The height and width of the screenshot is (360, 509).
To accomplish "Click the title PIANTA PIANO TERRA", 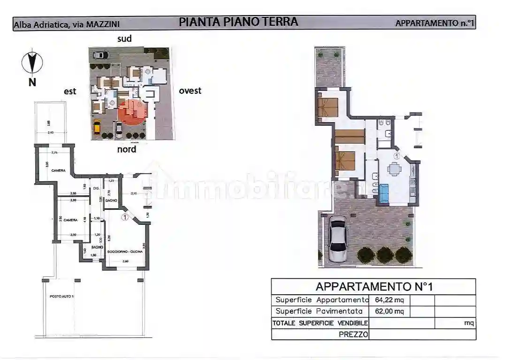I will click(238, 22).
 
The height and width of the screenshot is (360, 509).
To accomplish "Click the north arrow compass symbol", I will click(32, 63).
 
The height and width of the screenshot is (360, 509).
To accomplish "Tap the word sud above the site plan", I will click(124, 38).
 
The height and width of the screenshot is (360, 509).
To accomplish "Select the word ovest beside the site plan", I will click(190, 91).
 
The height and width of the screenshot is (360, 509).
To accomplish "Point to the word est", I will click(70, 92).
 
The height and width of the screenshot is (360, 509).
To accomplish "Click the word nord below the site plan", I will click(127, 149).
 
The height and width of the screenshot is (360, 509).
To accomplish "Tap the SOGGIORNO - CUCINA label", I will click(125, 252).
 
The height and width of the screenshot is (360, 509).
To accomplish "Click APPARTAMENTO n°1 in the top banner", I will click(434, 23).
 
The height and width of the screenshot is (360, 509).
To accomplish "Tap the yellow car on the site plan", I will click(97, 127).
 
